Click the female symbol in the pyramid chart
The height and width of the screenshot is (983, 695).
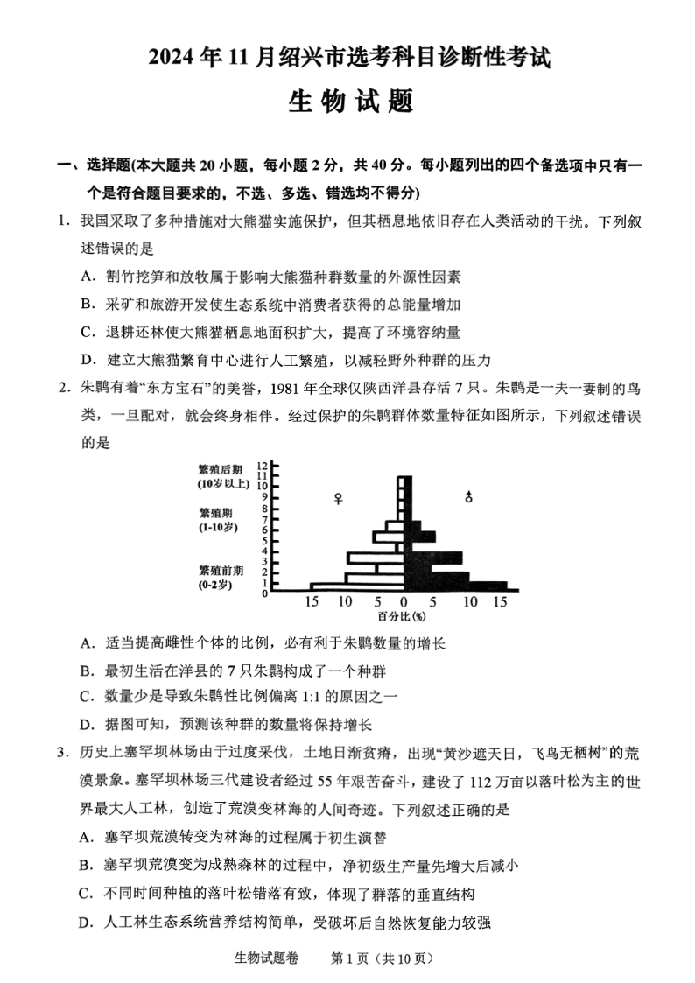point(339,498)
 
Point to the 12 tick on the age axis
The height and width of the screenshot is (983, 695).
point(261,466)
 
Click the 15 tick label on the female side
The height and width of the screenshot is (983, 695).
point(312,602)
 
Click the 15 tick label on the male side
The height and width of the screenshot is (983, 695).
point(500,602)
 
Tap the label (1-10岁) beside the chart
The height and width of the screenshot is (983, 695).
point(218,527)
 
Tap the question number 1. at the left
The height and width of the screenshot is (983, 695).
point(63,222)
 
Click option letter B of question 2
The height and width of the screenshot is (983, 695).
point(86,671)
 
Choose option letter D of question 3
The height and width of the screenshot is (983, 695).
point(86,921)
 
